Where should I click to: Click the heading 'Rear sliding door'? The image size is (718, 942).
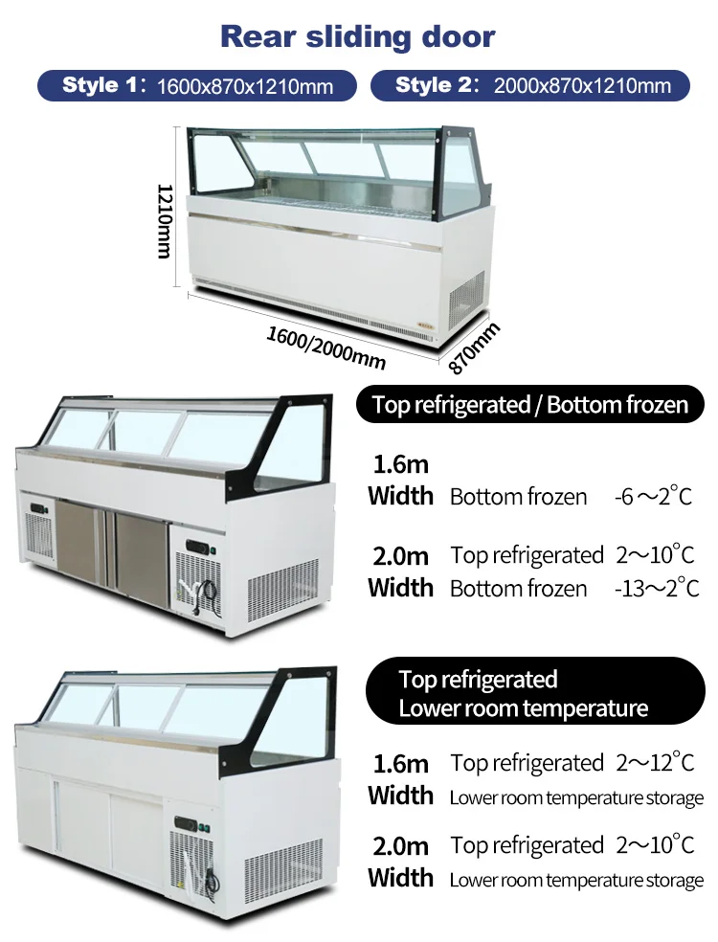[x=358, y=36]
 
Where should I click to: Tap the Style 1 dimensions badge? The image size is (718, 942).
[x=198, y=85]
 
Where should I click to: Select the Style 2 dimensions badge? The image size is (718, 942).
[x=530, y=85]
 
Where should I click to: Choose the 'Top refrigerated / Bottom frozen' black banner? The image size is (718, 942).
[x=529, y=404]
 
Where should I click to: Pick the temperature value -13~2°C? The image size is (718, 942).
[x=657, y=587]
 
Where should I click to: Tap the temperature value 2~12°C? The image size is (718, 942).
[x=655, y=763]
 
